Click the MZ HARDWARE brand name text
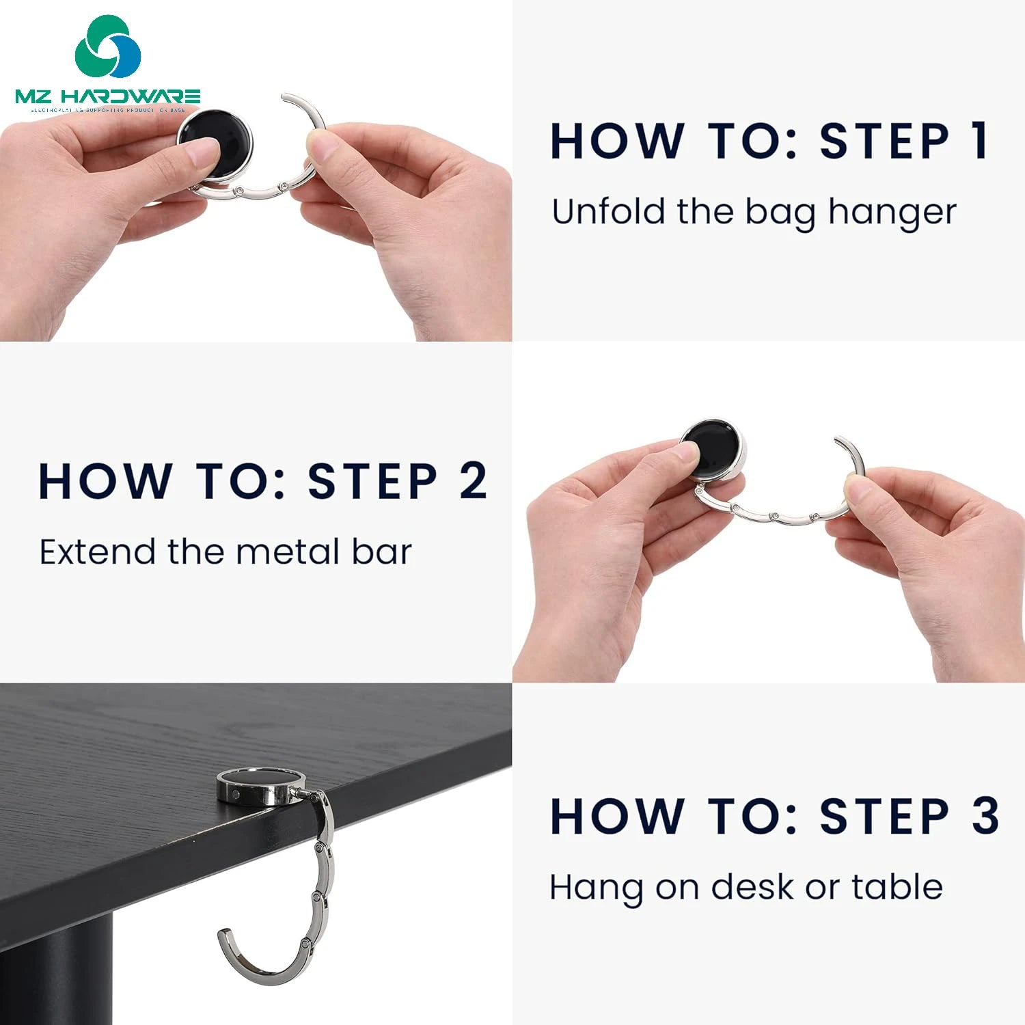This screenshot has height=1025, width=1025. (108, 96)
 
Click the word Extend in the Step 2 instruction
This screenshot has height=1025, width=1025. (97, 551)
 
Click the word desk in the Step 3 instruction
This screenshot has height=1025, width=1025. (754, 887)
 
